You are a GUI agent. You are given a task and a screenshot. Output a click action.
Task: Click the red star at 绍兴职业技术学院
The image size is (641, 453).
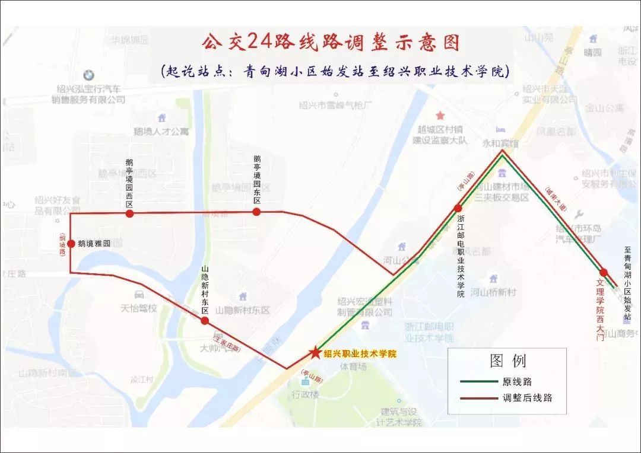pyautogui.click(x=314, y=353)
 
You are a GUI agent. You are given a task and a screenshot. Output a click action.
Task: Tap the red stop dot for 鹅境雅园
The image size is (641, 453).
pyautogui.click(x=71, y=244)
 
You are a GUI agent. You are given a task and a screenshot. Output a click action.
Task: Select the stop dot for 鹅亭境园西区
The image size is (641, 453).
pyautogui.click(x=129, y=213)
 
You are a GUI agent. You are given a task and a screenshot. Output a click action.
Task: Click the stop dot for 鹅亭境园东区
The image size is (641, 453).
pyautogui.click(x=256, y=211)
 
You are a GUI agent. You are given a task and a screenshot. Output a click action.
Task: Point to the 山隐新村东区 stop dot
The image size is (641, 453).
pyautogui.click(x=205, y=321)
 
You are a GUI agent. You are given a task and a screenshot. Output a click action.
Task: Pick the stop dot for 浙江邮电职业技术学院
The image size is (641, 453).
pyautogui.click(x=458, y=208)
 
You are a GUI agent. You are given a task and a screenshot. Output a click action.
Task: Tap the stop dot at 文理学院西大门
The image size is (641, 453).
pyautogui.click(x=604, y=273)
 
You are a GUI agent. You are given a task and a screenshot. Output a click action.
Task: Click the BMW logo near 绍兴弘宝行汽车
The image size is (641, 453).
pyautogui.click(x=88, y=75)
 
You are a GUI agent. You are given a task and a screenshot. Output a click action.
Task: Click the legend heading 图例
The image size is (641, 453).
pyautogui.click(x=507, y=361)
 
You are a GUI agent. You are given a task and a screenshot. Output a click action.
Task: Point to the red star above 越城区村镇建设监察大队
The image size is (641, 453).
pyautogui.click(x=440, y=115)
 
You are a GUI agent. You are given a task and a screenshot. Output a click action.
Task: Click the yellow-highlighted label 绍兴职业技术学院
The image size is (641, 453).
pyautogui.click(x=360, y=353)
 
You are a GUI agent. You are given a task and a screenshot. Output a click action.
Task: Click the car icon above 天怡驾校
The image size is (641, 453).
pyautogui.click(x=139, y=295)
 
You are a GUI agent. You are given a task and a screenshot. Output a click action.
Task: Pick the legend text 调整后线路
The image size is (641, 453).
pyautogui.click(x=528, y=398)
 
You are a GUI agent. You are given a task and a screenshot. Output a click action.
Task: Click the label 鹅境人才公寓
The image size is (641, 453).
pyautogui.click(x=161, y=132)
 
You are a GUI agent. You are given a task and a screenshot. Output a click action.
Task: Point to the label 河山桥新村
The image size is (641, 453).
pyautogui.click(x=493, y=292)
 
